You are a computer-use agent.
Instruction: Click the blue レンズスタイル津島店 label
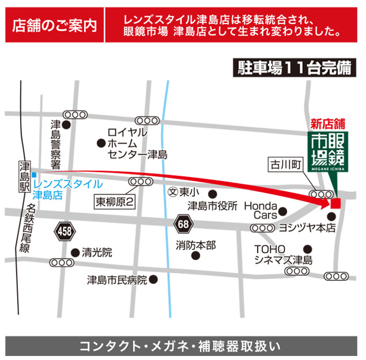[68, 189]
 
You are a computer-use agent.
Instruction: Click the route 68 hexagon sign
[183, 222]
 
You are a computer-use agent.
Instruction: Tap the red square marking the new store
[335, 203]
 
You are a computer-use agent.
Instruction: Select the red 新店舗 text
[327, 122]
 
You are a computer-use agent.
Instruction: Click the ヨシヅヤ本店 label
[307, 228]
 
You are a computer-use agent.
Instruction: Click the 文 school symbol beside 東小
[171, 191]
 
